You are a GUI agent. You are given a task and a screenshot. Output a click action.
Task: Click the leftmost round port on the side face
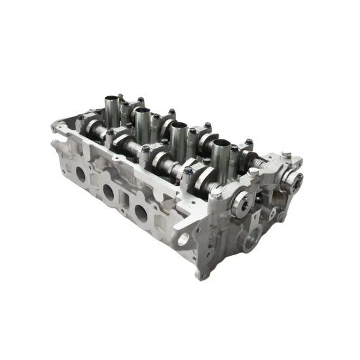pos(81,175)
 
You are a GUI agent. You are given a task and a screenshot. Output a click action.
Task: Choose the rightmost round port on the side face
pos(140,211)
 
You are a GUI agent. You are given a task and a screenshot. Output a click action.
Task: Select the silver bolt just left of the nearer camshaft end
pos(215,194)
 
